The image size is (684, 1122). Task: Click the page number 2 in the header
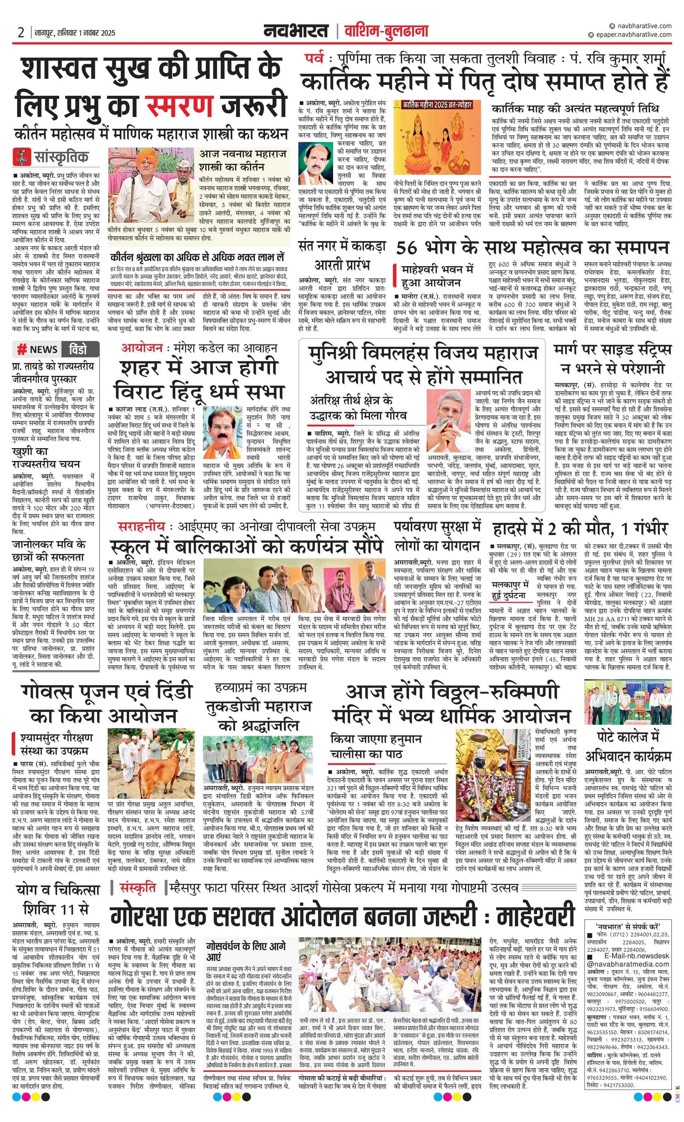click(x=21, y=33)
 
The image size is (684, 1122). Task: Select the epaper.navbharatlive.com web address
click(x=633, y=35)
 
